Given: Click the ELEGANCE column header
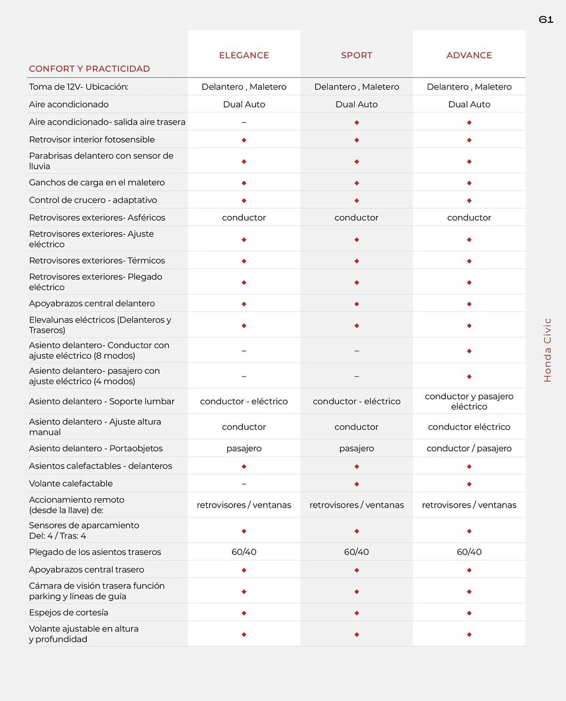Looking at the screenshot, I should coord(244,55).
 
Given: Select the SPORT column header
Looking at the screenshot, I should coord(356,55).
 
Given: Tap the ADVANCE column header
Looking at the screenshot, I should coord(469,55).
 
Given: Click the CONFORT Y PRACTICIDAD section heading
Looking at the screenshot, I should coord(89,69).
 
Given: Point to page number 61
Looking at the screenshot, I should coord(546,20).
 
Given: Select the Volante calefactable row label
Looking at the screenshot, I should coord(71,483).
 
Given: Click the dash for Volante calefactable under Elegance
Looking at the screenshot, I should coord(244,484).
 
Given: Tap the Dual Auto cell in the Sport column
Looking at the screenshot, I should coord(356,104).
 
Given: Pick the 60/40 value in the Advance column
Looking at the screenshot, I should coord(469,552).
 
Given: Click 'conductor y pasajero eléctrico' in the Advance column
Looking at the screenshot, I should coord(469,401).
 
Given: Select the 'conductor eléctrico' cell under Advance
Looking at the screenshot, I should coord(469,427).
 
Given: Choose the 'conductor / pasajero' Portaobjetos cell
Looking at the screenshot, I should coord(469,448).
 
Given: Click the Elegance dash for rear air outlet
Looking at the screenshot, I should coord(244,122).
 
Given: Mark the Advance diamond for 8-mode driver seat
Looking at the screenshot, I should coord(469,351).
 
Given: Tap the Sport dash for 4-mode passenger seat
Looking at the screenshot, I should coord(356,376).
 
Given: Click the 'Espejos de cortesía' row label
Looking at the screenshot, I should coord(68,612).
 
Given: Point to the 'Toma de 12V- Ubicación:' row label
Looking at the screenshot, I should coord(79,87).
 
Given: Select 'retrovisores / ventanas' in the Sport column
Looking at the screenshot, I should coord(356,505).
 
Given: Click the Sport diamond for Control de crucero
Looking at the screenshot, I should coord(356,200).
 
